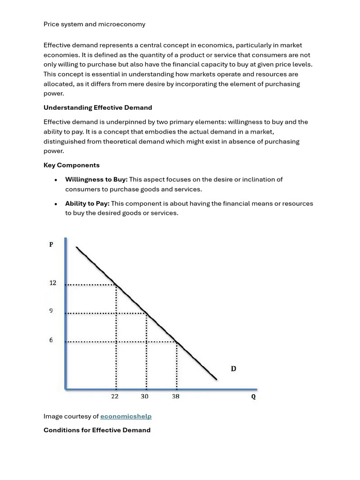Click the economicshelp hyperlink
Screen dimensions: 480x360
[126, 416]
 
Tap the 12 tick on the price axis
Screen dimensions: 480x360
[53, 283]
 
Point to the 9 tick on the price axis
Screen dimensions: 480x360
[52, 311]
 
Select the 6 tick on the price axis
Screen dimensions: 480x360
[51, 340]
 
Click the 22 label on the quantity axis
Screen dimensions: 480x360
[115, 397]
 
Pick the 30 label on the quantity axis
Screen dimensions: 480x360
[144, 397]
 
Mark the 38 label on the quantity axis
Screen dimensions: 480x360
[175, 397]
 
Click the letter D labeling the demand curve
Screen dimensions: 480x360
[233, 369]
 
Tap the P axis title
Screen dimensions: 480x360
[51, 244]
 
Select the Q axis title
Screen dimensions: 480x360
[254, 397]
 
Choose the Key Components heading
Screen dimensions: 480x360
[71, 165]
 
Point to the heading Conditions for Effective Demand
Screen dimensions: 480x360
[97, 430]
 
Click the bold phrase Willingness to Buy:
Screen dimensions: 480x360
[96, 180]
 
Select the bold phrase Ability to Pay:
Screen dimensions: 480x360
[87, 203]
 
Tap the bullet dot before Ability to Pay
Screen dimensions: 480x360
[56, 204]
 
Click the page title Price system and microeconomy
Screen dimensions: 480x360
[94, 24]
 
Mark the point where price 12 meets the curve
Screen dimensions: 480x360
[116, 285]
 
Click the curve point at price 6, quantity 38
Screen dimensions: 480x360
[177, 342]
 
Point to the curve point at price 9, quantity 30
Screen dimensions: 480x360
[147, 313]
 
